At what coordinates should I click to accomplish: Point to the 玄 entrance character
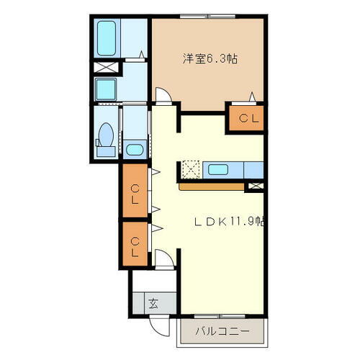coord(153,302)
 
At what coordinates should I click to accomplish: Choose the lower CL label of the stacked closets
coord(134,243)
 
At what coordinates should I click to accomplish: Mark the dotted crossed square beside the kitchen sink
coord(190,169)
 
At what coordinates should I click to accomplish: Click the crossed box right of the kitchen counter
coord(255,186)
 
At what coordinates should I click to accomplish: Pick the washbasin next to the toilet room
coord(134,150)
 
